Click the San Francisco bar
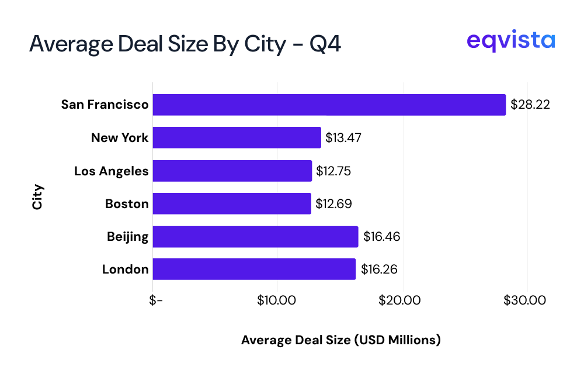(x=329, y=105)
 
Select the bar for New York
(x=237, y=138)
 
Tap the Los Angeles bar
(x=232, y=171)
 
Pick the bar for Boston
(x=232, y=203)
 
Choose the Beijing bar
(x=255, y=237)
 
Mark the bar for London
(x=254, y=269)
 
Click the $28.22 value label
(x=530, y=105)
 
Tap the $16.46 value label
(x=381, y=237)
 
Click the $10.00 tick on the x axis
(x=277, y=300)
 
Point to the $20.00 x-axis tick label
(x=402, y=300)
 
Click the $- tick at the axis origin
(x=155, y=300)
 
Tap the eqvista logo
(x=511, y=41)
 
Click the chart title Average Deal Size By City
(x=185, y=44)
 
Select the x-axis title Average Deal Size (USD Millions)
(x=340, y=340)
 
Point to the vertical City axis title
(x=37, y=197)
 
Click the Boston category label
(x=127, y=204)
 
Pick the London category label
(x=125, y=269)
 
